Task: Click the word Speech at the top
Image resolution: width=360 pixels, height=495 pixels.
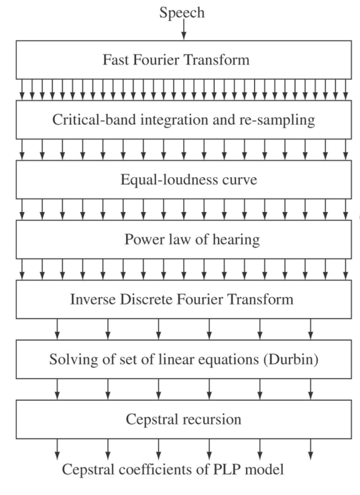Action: tap(182, 13)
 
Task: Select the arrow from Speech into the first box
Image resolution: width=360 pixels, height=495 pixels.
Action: tap(184, 29)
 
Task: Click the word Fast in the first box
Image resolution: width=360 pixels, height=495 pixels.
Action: tap(115, 60)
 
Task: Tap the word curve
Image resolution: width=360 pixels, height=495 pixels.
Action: tap(240, 180)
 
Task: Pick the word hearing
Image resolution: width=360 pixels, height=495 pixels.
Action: tap(237, 240)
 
